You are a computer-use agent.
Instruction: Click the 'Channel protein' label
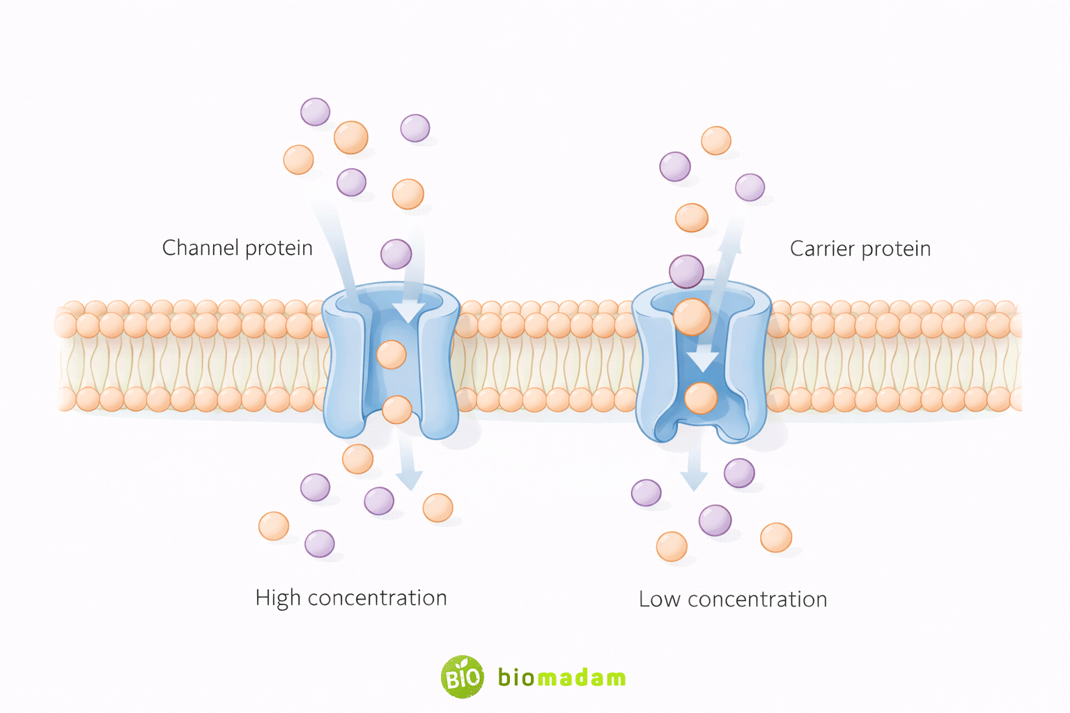[x=237, y=248]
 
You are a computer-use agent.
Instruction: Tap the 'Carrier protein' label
[x=860, y=249]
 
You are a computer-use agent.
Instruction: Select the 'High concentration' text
[x=351, y=598]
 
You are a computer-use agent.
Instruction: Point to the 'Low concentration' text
[x=733, y=600]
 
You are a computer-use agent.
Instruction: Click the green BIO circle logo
[x=462, y=677]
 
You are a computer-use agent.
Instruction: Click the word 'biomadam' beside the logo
[x=561, y=677]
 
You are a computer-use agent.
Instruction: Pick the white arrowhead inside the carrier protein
[x=703, y=360]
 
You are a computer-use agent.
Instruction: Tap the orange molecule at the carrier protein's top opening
[x=692, y=317]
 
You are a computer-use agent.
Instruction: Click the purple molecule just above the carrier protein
[x=686, y=272]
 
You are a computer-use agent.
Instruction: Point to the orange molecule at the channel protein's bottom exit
[x=397, y=409]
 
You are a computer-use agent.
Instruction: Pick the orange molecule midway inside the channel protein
[x=391, y=354]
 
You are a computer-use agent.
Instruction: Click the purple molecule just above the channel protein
[x=396, y=254]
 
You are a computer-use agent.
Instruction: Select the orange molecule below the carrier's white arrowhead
[x=700, y=398]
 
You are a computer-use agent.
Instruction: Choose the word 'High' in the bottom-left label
[x=278, y=598]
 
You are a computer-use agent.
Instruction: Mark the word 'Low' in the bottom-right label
[x=660, y=600]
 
